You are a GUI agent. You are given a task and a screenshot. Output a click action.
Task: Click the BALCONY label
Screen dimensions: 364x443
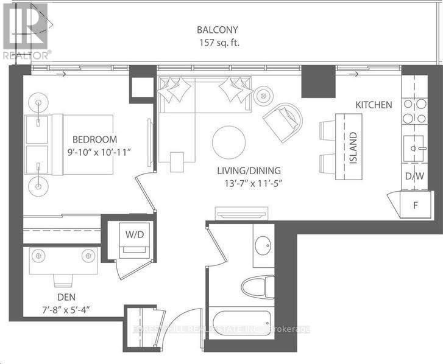(217, 30)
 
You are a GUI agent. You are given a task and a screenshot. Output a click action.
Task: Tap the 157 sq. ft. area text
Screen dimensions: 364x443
(217, 43)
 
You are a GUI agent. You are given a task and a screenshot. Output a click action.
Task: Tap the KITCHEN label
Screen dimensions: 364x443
(374, 105)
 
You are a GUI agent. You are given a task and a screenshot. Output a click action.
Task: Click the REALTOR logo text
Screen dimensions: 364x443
(26, 54)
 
